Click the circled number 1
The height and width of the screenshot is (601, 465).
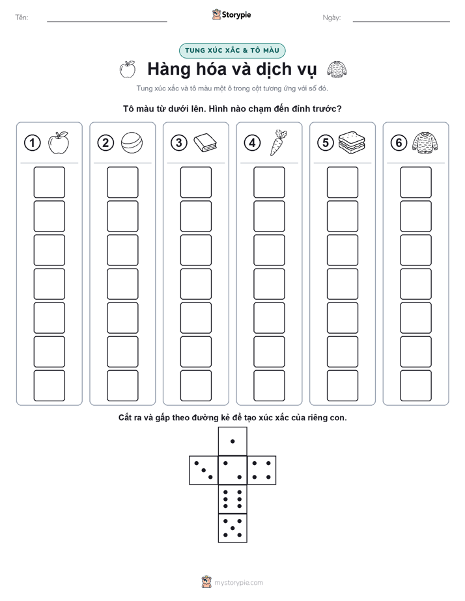click(32, 143)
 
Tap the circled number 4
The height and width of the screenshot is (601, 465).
click(252, 143)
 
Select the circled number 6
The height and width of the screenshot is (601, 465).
click(399, 143)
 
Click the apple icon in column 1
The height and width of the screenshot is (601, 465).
click(59, 143)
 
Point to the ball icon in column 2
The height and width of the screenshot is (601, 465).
click(132, 143)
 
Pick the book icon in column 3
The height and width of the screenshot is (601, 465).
click(205, 143)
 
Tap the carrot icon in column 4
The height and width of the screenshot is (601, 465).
click(278, 142)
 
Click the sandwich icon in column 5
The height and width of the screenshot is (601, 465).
click(352, 143)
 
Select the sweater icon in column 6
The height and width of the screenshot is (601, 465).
click(425, 142)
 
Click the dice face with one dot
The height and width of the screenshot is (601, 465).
click(232, 441)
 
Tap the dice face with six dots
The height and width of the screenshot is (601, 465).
click(232, 499)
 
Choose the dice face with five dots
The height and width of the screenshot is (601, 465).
click(232, 528)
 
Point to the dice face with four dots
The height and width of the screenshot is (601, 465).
click(262, 470)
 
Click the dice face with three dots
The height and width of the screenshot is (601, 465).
click(204, 470)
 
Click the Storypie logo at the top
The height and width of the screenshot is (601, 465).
click(232, 15)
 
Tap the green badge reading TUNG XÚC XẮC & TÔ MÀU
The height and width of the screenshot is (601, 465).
click(232, 51)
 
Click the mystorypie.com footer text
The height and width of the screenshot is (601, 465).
click(238, 583)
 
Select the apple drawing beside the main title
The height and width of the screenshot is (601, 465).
click(128, 69)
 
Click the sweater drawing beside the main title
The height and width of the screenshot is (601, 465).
click(337, 70)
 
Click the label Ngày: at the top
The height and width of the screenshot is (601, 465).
click(331, 18)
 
